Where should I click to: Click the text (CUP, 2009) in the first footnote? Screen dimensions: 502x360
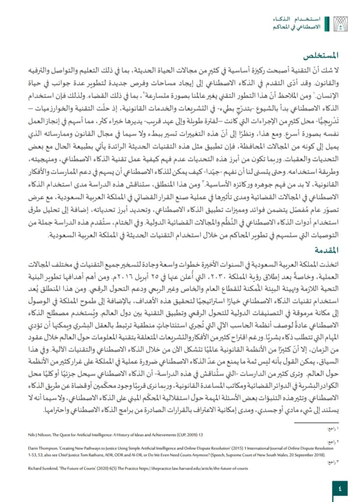[x=195, y=432]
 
